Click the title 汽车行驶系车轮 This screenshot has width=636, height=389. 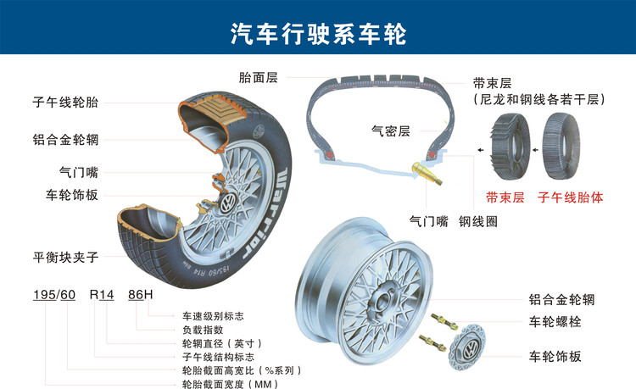tap(319, 33)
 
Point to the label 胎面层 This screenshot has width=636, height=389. tap(259, 78)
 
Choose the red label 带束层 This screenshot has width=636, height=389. tap(505, 197)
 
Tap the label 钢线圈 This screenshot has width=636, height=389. tap(478, 221)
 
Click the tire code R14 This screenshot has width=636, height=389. tap(102, 295)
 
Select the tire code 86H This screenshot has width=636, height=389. tap(140, 295)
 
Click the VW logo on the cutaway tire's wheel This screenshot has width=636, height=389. tap(227, 203)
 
